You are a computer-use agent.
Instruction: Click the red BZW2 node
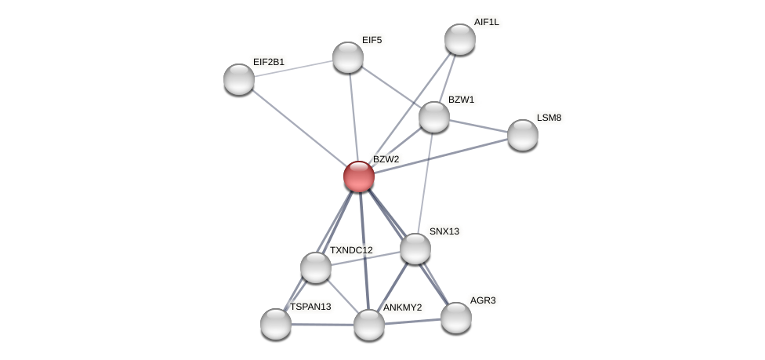(x=359, y=176)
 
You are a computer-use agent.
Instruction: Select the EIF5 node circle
(x=348, y=57)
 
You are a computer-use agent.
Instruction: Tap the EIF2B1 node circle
(x=239, y=79)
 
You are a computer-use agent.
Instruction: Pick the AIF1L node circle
(x=460, y=39)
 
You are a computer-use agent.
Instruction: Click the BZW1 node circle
(x=434, y=117)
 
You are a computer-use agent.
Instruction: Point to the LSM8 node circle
(x=523, y=135)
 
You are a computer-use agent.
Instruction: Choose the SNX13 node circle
(x=415, y=249)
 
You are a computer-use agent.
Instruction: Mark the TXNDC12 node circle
(x=316, y=267)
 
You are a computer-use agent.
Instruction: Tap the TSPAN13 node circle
(x=276, y=324)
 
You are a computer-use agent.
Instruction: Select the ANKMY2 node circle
(x=369, y=325)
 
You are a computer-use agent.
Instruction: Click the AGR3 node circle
(x=456, y=318)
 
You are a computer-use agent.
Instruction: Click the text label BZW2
(x=386, y=159)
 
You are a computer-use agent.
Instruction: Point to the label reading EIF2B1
(x=269, y=62)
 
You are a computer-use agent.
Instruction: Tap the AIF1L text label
(x=486, y=22)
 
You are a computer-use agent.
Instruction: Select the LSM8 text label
(x=549, y=118)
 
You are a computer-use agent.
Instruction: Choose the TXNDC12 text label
(x=351, y=250)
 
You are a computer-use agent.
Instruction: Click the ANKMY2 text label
(x=402, y=307)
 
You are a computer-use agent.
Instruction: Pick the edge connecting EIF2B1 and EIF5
(x=293, y=68)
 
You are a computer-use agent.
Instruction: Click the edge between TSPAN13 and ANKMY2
(x=322, y=324)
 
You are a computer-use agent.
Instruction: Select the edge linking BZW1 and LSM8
(x=478, y=125)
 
